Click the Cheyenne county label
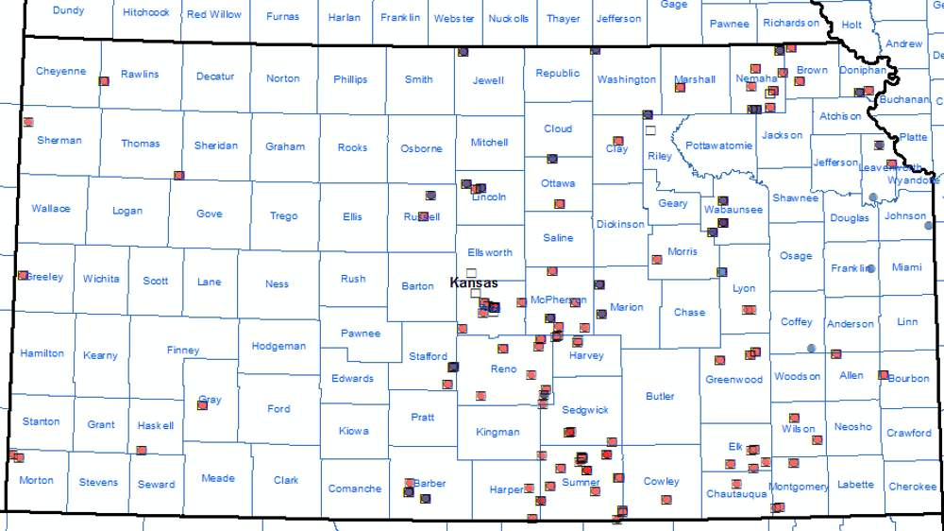(60, 72)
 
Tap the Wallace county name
(50, 209)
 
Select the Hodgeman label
(278, 347)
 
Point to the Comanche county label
(355, 488)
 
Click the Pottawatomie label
(718, 146)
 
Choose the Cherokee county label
(912, 487)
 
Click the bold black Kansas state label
(474, 283)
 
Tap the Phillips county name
(350, 79)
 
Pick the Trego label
(283, 216)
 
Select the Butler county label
(660, 396)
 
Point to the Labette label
(855, 485)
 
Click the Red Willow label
(213, 15)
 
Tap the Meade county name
(218, 479)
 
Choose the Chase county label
(689, 313)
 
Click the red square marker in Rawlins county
(104, 81)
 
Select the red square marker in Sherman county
(28, 122)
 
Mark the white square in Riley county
(649, 129)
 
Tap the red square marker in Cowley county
(666, 499)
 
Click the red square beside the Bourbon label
(883, 375)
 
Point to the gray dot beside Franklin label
(870, 269)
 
